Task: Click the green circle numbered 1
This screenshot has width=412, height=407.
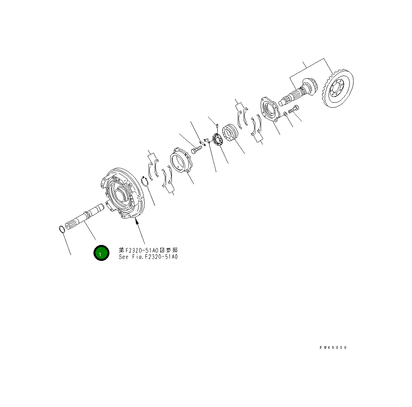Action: [x=101, y=253]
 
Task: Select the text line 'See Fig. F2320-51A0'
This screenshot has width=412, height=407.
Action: [x=148, y=257]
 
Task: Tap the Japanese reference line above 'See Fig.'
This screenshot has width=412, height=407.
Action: [x=148, y=250]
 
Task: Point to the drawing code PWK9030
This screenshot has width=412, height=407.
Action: [x=333, y=347]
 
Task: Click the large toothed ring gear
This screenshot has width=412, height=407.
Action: [x=338, y=88]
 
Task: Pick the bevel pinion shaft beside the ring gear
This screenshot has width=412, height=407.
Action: [x=298, y=92]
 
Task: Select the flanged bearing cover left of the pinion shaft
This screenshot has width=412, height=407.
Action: [x=269, y=109]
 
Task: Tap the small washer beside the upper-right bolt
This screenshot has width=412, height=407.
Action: [x=286, y=114]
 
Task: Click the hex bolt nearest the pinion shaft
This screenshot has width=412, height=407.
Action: [x=294, y=109]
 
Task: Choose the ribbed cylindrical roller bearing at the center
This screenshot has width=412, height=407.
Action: [x=230, y=133]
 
